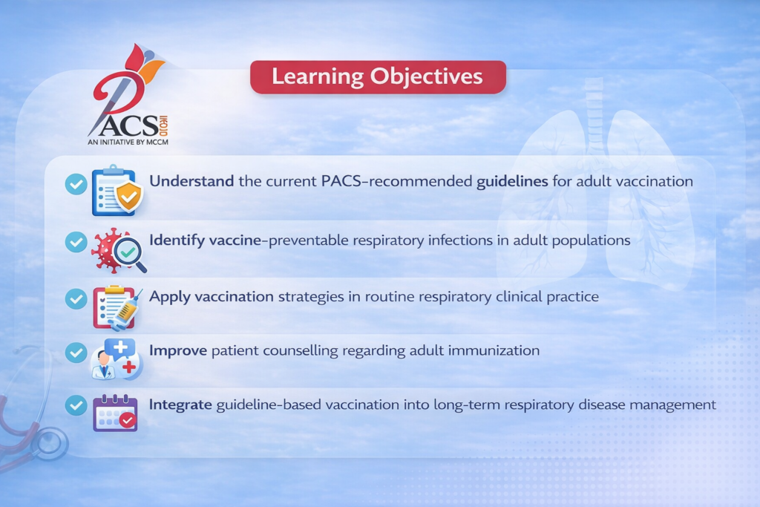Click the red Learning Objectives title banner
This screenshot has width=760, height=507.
[x=378, y=76]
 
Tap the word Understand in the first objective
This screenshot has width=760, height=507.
[x=191, y=181]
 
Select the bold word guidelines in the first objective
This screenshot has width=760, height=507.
[x=512, y=182]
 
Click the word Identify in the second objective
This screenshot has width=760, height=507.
[x=177, y=241]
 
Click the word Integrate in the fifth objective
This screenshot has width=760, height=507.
[x=180, y=405]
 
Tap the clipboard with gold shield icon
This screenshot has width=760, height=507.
[x=118, y=191]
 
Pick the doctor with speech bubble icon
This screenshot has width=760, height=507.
[x=117, y=359]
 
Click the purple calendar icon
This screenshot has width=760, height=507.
[x=115, y=413]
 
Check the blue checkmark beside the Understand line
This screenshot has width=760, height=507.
[x=76, y=184]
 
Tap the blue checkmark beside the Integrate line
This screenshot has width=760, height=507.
[x=76, y=405]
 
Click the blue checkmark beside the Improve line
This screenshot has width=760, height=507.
[x=76, y=353]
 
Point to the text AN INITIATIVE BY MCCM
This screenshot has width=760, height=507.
[x=128, y=142]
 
